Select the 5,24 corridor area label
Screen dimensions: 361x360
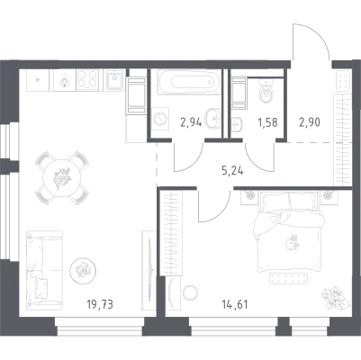click(x=232, y=171)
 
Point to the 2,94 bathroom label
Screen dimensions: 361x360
click(x=191, y=122)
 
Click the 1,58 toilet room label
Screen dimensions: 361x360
click(x=267, y=122)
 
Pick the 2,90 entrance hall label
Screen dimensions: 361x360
click(x=310, y=122)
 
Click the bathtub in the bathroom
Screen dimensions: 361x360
click(x=189, y=82)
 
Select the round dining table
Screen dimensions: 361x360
click(x=62, y=179)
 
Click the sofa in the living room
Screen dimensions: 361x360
click(x=44, y=270)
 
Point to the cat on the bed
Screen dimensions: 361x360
click(x=293, y=242)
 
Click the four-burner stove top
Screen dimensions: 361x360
click(x=87, y=80)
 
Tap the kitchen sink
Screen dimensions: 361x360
click(x=114, y=80)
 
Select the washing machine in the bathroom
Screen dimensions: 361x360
click(x=160, y=119)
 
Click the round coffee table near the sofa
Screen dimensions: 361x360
click(x=83, y=271)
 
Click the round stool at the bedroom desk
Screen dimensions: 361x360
click(x=190, y=292)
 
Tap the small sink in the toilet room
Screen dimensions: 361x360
click(x=237, y=123)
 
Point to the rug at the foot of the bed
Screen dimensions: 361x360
click(x=289, y=278)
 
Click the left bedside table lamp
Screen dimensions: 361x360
click(x=249, y=195)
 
